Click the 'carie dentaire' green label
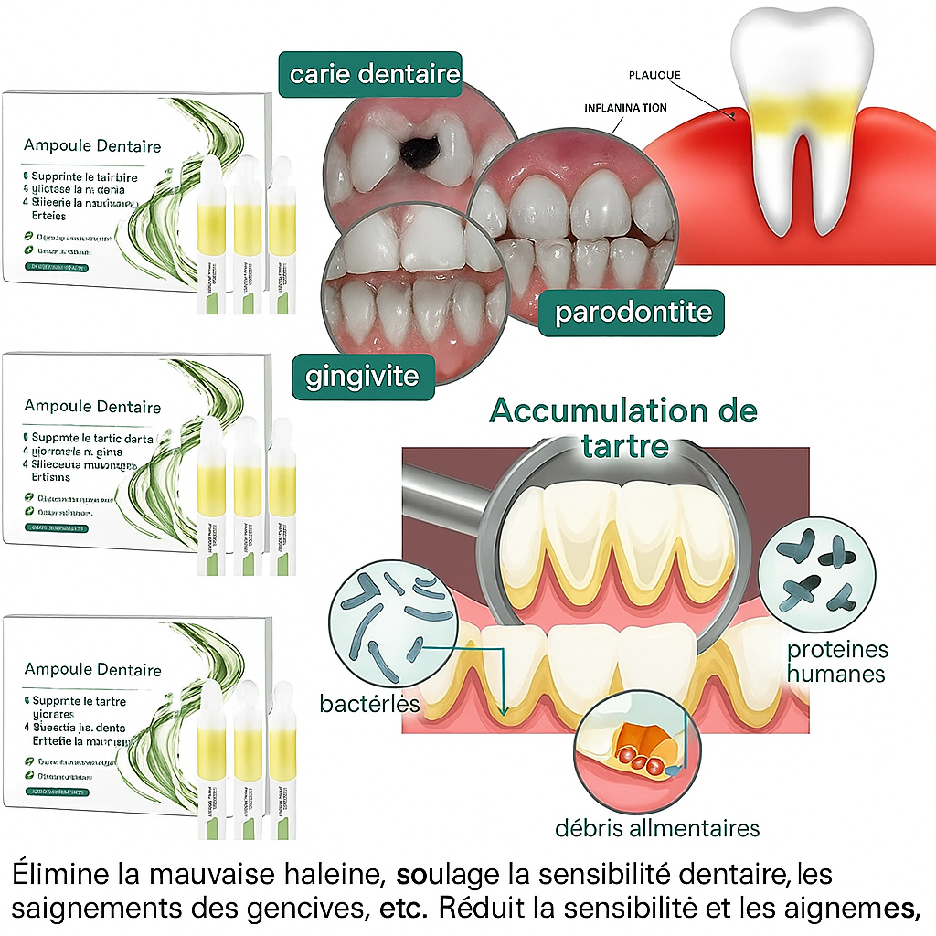point(375,73)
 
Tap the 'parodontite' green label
point(633,313)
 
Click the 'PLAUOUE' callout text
point(654,75)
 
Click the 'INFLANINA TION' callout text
point(625,108)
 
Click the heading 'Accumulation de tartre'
point(623,426)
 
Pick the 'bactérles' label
point(369,704)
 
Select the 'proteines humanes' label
point(837,662)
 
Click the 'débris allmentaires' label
point(657,829)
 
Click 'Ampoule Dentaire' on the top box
point(92,146)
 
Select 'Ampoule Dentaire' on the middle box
point(92,407)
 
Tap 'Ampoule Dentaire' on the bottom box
point(93,670)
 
